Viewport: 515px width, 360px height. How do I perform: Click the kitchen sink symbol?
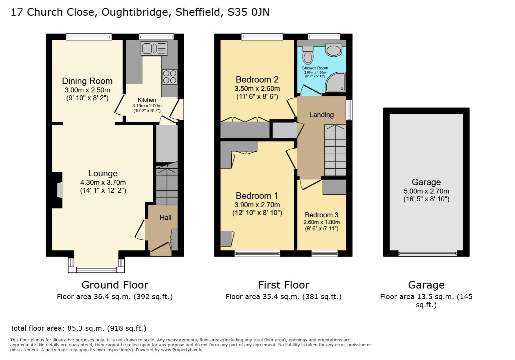pos(154,49)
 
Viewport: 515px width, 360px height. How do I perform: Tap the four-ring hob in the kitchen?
pos(169,77)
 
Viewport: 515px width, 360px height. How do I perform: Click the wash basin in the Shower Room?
pos(334,50)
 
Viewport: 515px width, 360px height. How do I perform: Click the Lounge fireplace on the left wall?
pos(58,190)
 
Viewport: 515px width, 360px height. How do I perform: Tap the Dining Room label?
pos(87,81)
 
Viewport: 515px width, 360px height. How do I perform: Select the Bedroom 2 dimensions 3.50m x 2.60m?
pos(257,89)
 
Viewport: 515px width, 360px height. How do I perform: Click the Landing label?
pos(321,115)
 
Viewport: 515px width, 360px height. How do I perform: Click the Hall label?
pos(165,218)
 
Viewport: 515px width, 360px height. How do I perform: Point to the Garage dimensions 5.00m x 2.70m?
pos(426,191)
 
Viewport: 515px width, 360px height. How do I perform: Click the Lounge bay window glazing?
pos(96,269)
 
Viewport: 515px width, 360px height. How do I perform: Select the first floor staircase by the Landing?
pos(335,150)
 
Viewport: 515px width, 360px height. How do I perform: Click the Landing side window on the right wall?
pos(349,110)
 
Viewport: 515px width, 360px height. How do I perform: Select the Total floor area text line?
pos(78,328)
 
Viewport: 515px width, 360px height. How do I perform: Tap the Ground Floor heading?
pos(115,285)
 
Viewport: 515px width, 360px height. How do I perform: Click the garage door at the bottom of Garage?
pos(427,254)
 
